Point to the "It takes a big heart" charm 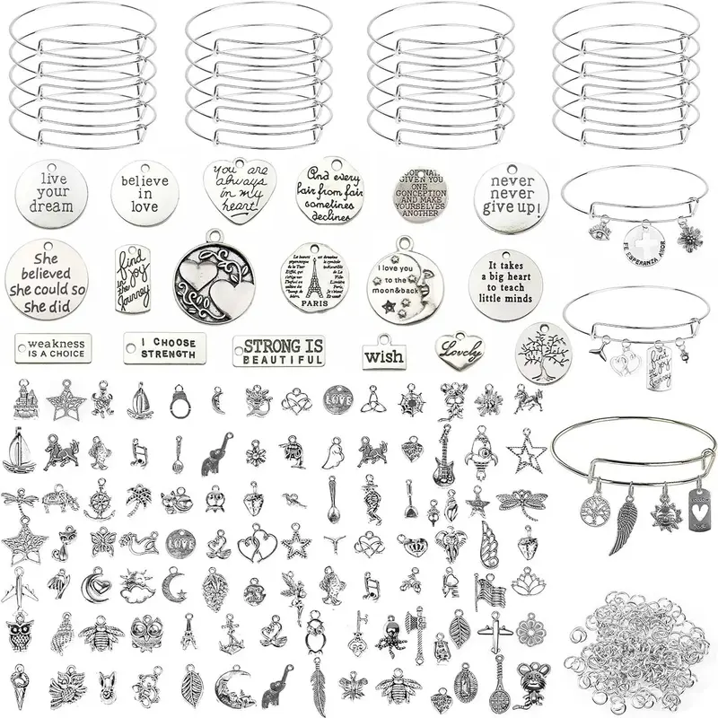point(505,280)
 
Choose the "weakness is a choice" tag point(56,347)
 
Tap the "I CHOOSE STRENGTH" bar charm point(164,346)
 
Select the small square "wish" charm point(383,354)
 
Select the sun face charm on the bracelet point(665,515)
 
